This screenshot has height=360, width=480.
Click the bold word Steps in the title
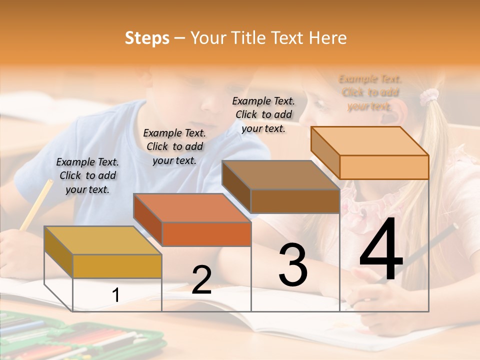pyautogui.click(x=147, y=38)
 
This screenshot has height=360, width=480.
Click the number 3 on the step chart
pyautogui.click(x=292, y=264)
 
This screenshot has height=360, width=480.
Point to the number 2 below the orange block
pyautogui.click(x=201, y=280)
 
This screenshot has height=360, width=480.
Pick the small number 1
pyautogui.click(x=115, y=295)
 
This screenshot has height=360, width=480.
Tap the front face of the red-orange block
pyautogui.click(x=206, y=234)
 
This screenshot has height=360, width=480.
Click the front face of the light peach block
pyautogui.click(x=384, y=167)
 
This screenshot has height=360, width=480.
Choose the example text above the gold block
pyautogui.click(x=87, y=175)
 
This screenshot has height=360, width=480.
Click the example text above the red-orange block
pyautogui.click(x=174, y=146)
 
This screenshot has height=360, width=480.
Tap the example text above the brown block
pyautogui.click(x=263, y=114)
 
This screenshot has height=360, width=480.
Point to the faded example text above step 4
pyautogui.click(x=370, y=92)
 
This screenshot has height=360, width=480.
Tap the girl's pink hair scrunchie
pyautogui.click(x=428, y=95)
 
